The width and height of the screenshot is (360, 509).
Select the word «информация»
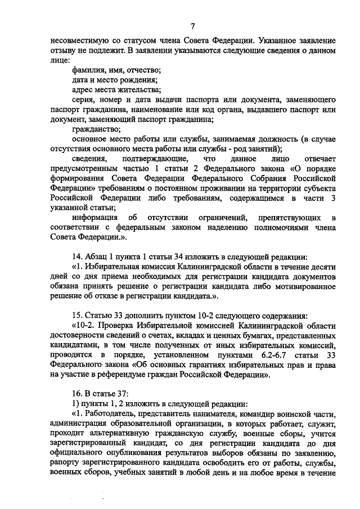click(x=95, y=218)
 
